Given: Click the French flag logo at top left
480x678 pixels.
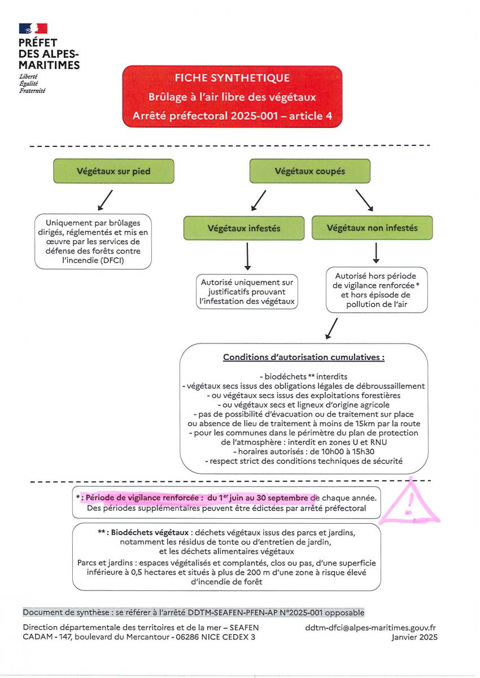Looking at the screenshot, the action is (x=33, y=28).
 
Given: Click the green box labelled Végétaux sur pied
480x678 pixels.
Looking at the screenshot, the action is (x=114, y=171).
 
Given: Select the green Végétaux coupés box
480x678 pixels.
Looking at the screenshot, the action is (x=309, y=171).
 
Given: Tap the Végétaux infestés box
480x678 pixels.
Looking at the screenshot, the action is (x=244, y=228).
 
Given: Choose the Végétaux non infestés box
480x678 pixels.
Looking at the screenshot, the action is (x=372, y=228).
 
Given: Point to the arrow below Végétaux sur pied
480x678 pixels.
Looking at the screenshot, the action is (x=105, y=200).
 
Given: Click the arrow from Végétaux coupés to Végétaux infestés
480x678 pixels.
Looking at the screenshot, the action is (x=259, y=201).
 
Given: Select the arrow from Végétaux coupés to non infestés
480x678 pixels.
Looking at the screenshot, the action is (x=364, y=201).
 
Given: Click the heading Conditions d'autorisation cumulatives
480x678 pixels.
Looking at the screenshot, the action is (x=304, y=357).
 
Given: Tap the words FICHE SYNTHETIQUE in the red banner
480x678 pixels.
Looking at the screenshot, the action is (x=232, y=78).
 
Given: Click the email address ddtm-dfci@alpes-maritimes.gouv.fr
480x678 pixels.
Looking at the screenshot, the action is (x=370, y=628).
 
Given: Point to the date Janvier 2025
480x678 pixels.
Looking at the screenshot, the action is (x=414, y=637).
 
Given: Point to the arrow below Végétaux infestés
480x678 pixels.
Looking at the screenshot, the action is (x=247, y=257).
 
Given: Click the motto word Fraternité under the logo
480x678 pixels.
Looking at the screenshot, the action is (x=32, y=91).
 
